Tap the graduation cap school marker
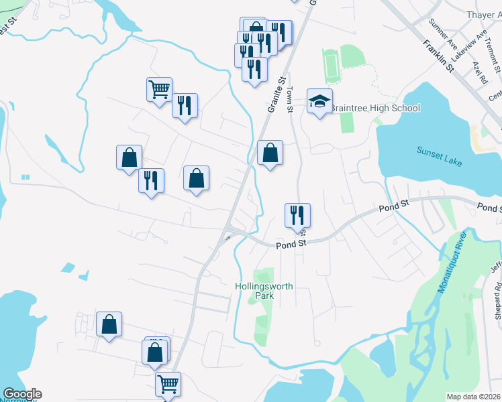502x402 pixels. coord(320,102)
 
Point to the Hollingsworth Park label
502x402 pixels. coord(264,291)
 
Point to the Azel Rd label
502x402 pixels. coord(479,71)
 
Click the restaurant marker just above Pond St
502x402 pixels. coord(297,215)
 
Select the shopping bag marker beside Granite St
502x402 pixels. coord(270,153)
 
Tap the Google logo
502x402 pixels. coord(22,394)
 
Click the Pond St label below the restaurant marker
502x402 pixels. coord(291,245)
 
